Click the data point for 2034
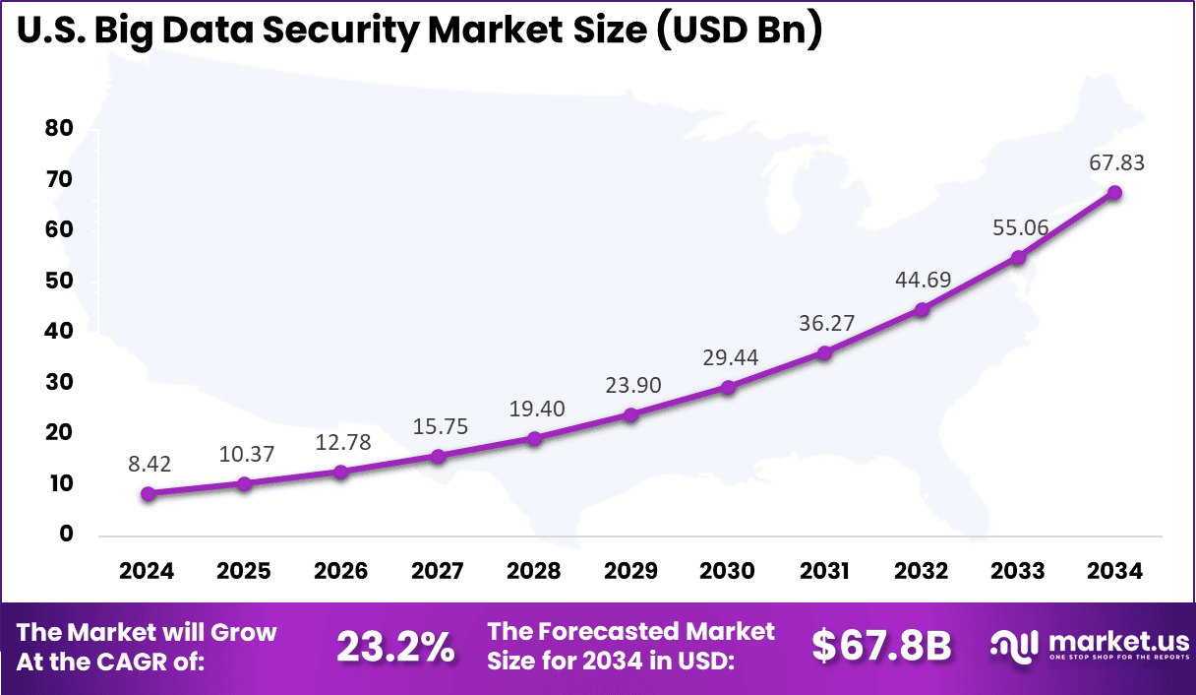pyautogui.click(x=1114, y=193)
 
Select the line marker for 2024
pyautogui.click(x=148, y=493)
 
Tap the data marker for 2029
pyautogui.click(x=631, y=414)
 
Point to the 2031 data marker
pyautogui.click(x=824, y=352)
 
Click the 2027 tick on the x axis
pyautogui.click(x=438, y=571)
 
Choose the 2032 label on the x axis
pyautogui.click(x=921, y=571)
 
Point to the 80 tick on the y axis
pyautogui.click(x=59, y=128)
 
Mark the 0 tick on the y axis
pyautogui.click(x=66, y=534)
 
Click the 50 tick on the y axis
pyautogui.click(x=59, y=281)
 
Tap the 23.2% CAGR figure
pyautogui.click(x=395, y=646)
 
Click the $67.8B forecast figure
pyautogui.click(x=881, y=646)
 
